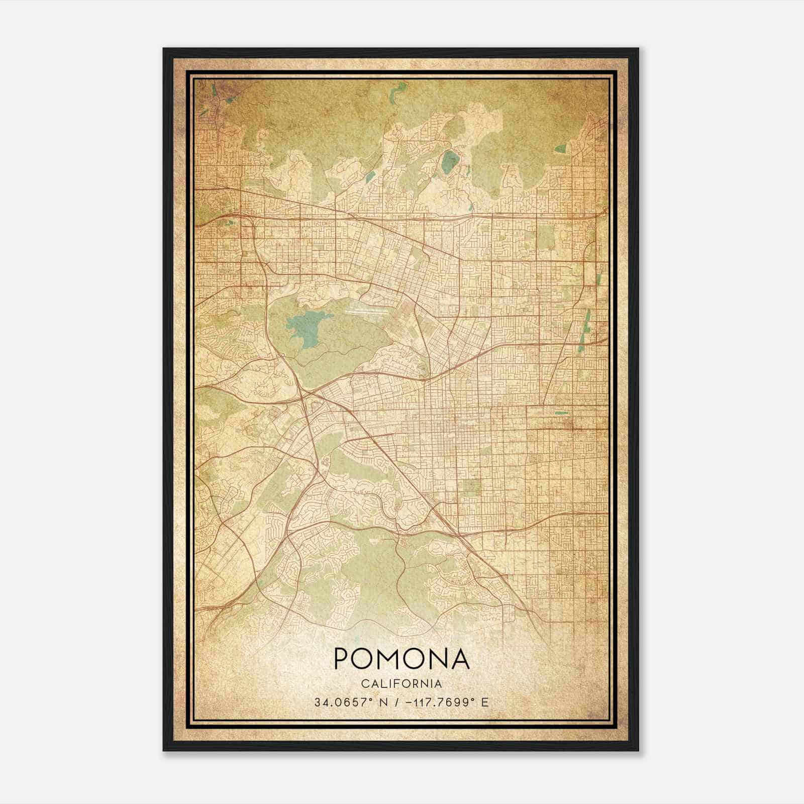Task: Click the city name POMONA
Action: click(x=401, y=659)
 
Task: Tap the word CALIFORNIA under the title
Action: click(x=401, y=684)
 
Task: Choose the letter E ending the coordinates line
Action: click(x=484, y=702)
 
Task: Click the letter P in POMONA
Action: click(x=343, y=659)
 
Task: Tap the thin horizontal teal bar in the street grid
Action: click(x=561, y=413)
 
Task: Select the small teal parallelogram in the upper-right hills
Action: click(x=561, y=148)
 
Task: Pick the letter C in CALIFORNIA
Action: click(x=364, y=684)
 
